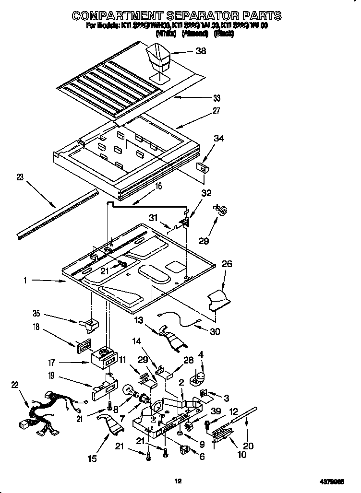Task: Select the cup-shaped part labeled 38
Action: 160,57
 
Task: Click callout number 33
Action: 217,98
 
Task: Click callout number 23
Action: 20,177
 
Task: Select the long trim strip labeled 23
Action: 55,213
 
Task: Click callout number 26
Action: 227,264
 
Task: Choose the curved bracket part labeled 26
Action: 218,299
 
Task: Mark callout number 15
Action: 93,458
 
